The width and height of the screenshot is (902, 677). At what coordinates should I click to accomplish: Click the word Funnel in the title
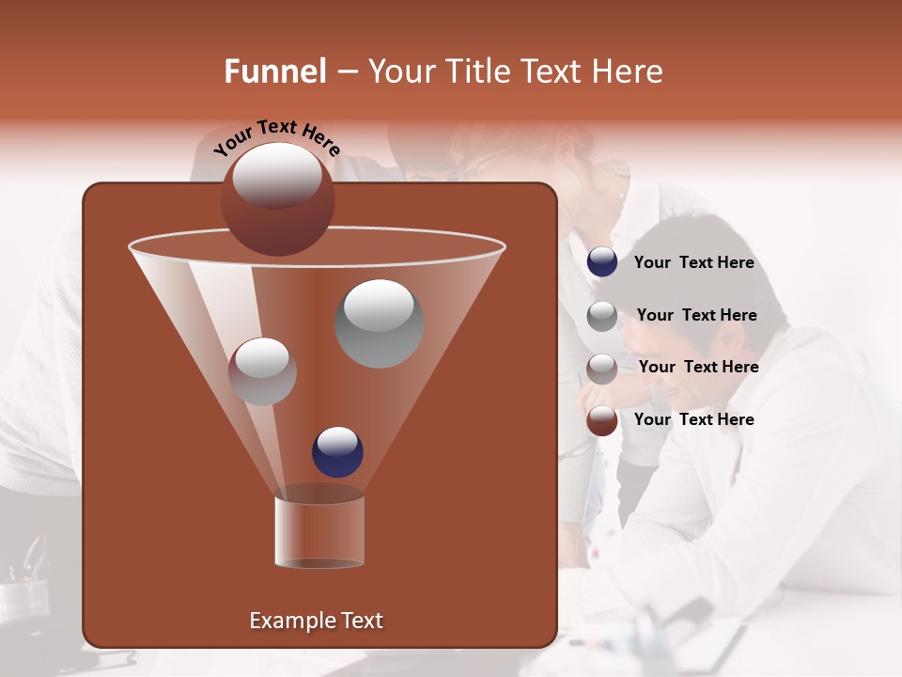click(275, 71)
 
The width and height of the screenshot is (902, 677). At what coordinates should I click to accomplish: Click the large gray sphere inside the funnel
click(379, 323)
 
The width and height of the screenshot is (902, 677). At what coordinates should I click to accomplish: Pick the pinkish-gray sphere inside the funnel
click(262, 371)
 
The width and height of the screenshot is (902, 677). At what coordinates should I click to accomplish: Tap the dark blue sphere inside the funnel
click(337, 451)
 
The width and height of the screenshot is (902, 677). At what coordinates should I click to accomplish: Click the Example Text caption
click(316, 621)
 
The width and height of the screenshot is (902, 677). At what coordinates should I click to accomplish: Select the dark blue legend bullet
click(602, 262)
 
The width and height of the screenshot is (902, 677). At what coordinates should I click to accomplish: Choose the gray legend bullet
click(602, 316)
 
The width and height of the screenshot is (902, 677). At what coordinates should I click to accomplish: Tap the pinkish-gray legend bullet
click(602, 369)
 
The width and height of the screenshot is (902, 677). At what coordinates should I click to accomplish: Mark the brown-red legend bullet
click(602, 420)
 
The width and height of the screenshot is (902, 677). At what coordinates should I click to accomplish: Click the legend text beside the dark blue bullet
click(693, 263)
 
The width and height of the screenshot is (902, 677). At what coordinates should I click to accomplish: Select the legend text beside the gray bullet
click(696, 316)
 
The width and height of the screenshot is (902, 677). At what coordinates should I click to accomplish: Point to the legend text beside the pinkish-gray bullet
click(698, 368)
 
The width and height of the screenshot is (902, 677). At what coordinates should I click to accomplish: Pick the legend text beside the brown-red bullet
click(693, 419)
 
